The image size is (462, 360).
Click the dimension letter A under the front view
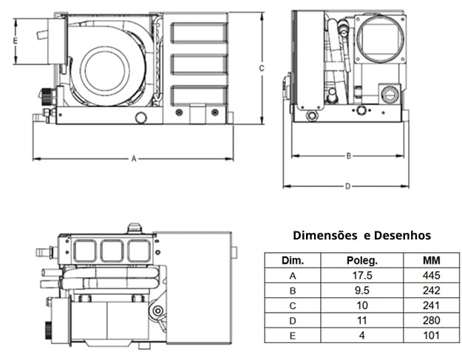pos(133,158)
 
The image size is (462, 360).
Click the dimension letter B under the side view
pos(348,155)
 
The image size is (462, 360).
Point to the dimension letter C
pos(262,67)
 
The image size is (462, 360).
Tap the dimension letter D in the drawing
pos(347,186)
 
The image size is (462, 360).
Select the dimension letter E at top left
pos(16,41)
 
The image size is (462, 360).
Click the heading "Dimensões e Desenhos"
pos(361,236)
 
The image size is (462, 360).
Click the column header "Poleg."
pos(362,261)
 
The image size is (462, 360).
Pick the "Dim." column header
pos(293,261)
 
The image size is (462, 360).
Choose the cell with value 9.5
pos(362,291)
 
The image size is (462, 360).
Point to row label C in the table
pos(293,305)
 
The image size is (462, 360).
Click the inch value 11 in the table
pos(362,320)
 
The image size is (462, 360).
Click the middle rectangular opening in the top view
pos(113,251)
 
